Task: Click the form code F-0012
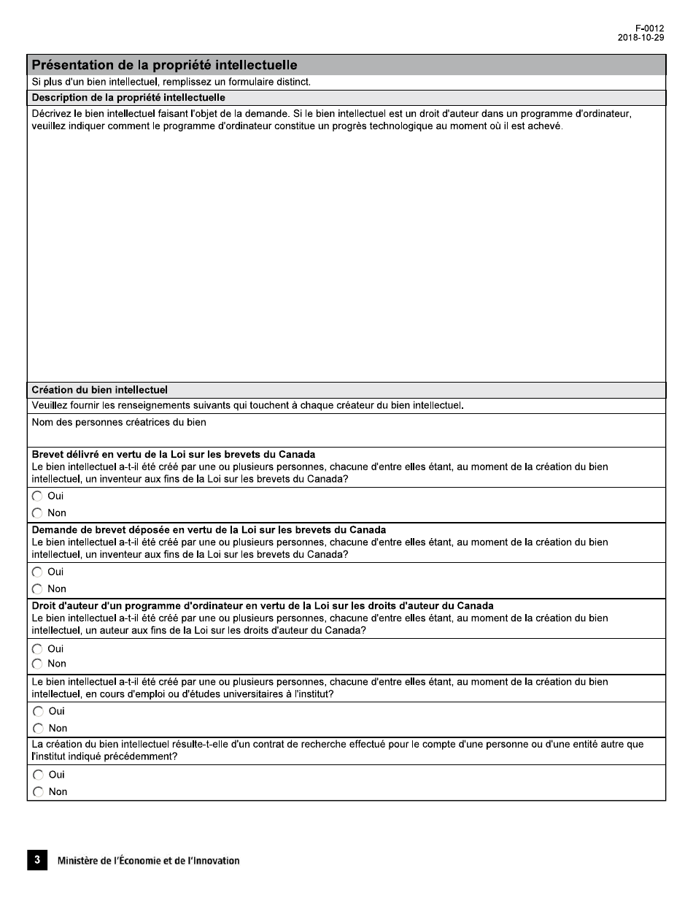point(649,28)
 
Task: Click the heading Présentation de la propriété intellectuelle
point(164,65)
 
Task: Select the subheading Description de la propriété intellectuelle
point(128,97)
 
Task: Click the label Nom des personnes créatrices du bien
point(119,422)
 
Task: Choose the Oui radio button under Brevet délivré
point(37,496)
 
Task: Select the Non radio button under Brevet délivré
point(37,513)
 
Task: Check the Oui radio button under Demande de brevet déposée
point(37,572)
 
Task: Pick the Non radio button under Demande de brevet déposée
point(37,588)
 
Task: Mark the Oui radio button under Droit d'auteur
point(37,648)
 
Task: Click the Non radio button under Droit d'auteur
point(37,664)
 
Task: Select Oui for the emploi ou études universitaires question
point(37,711)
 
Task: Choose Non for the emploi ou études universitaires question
point(37,728)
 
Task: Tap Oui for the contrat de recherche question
point(37,775)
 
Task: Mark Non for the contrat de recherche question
point(37,791)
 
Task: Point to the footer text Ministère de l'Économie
point(148,861)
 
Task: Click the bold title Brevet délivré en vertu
point(174,454)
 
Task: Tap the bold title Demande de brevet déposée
point(209,529)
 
